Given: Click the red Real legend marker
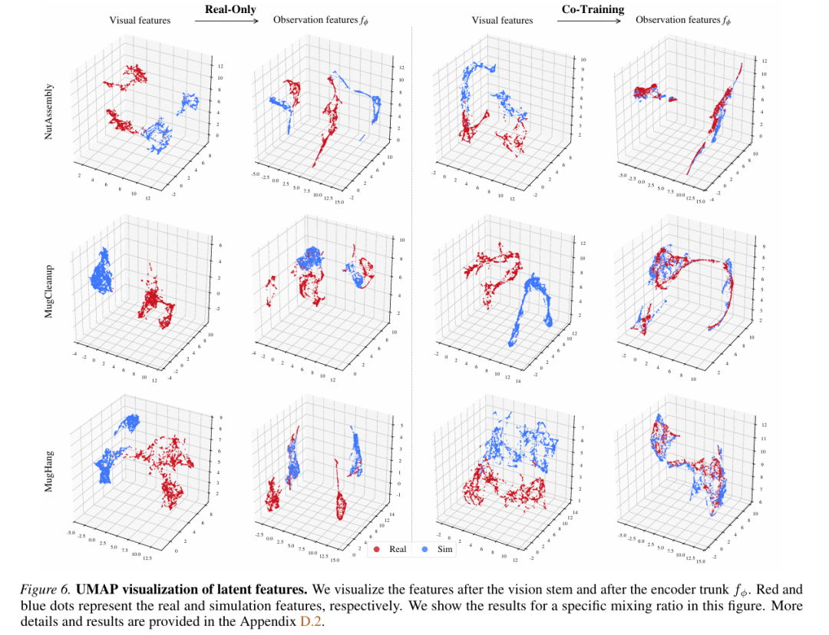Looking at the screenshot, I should click(377, 549).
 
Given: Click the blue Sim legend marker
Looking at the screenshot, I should click(426, 549).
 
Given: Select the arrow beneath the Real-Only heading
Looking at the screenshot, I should click(226, 21).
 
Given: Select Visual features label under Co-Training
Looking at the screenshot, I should click(502, 21).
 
